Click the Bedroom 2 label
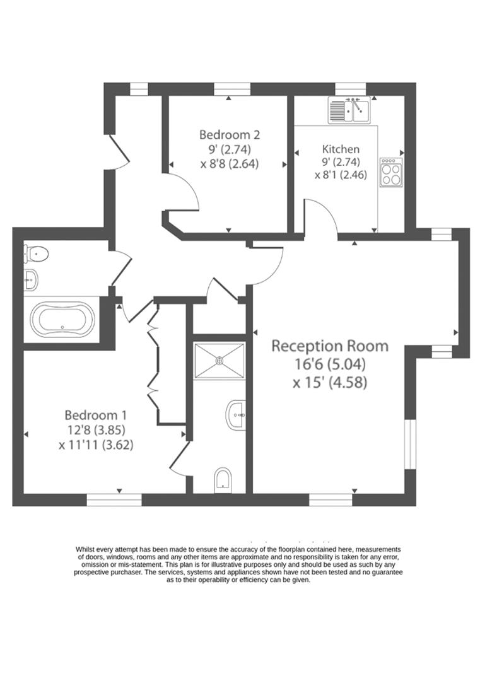(230, 134)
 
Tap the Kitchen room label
(341, 149)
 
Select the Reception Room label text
(329, 346)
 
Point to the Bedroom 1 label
(96, 415)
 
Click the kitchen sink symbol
(349, 110)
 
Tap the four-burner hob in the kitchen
(390, 172)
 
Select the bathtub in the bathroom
(62, 320)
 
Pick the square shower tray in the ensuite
(219, 361)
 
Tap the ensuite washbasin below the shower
(235, 414)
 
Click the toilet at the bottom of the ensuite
(223, 479)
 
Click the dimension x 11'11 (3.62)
(96, 445)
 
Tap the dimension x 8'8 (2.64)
(230, 163)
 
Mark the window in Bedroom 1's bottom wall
(114, 500)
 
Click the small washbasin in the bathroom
(30, 281)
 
